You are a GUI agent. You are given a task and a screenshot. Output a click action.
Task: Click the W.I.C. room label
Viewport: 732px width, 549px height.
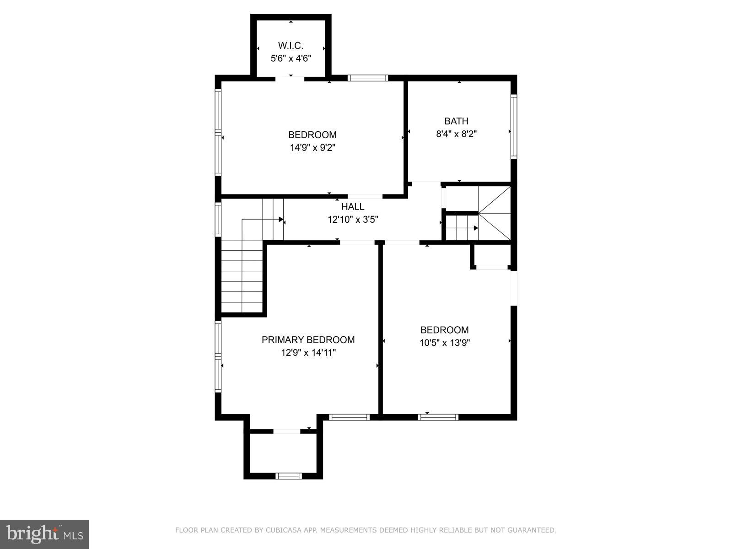coord(291,46)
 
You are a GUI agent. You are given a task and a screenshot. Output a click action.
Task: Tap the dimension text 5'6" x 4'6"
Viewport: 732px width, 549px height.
coord(291,59)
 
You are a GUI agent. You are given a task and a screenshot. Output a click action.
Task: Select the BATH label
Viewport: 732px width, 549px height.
coord(456,121)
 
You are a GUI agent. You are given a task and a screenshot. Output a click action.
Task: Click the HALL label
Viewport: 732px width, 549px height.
coord(352,207)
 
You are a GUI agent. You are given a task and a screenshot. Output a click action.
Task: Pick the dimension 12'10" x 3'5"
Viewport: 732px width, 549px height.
coord(352,220)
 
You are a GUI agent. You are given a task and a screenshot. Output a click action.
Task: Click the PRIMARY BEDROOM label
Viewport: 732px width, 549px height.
coord(308,340)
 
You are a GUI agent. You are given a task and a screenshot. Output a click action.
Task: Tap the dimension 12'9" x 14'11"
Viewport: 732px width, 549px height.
coord(308,353)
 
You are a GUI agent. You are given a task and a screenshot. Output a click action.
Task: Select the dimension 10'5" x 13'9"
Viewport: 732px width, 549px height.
coord(444,343)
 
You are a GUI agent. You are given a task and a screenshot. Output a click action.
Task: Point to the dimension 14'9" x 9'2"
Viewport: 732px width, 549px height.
coord(312,148)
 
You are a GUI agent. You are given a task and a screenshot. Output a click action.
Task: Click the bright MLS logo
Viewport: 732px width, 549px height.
coord(44,534)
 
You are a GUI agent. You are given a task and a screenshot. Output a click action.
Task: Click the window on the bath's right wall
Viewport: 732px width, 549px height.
coord(514,126)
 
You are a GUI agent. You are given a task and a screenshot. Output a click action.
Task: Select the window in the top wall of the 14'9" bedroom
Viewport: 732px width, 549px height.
coord(367,78)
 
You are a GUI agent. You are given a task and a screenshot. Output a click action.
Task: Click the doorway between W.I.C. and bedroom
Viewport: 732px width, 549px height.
coord(290,78)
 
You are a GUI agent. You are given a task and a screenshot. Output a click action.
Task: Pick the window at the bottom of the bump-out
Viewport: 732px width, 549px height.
coord(288,476)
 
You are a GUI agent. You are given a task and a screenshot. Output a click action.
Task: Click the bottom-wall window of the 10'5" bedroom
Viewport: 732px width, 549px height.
coord(438,417)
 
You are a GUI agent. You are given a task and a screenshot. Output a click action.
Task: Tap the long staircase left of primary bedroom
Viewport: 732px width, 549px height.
coord(242,279)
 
